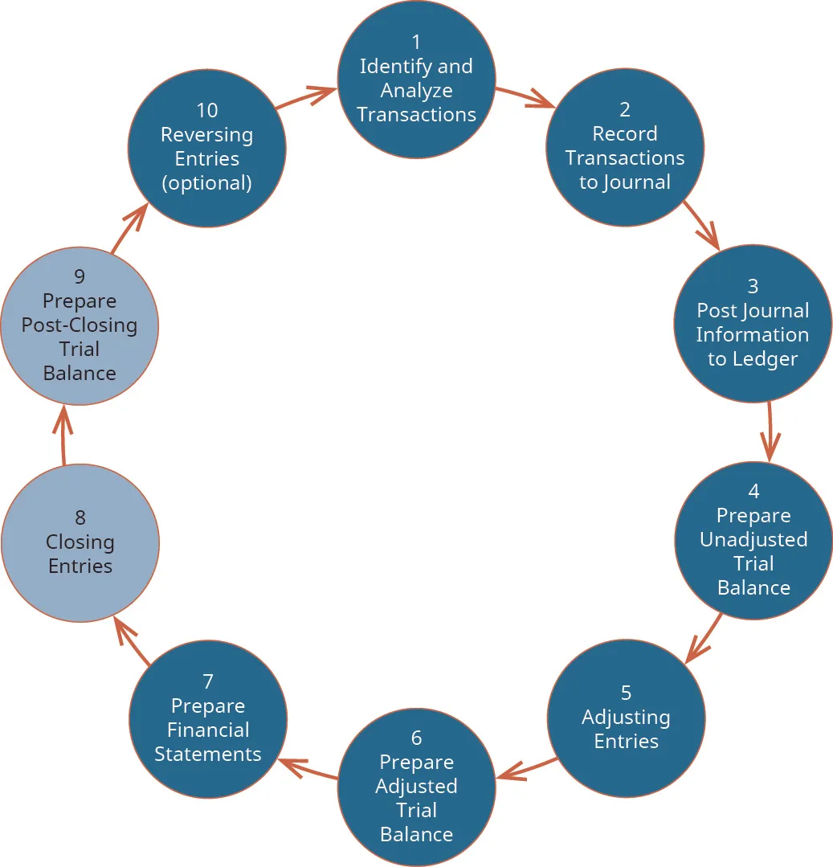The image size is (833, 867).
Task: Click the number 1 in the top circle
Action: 416,42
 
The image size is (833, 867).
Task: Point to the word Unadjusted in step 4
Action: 753,540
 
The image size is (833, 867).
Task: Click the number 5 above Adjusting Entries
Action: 626,693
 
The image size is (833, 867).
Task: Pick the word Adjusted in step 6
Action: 416,786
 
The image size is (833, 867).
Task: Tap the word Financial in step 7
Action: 208,730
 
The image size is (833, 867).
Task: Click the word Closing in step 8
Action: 80,542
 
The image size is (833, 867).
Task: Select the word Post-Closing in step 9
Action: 80,325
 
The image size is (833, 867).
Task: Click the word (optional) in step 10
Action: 207,183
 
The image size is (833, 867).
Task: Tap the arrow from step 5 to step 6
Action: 526,767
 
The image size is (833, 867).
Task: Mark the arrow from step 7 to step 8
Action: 132,643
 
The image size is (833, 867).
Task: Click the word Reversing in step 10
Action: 207,134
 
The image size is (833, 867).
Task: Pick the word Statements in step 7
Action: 208,755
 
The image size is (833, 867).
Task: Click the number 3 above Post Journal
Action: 753,286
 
